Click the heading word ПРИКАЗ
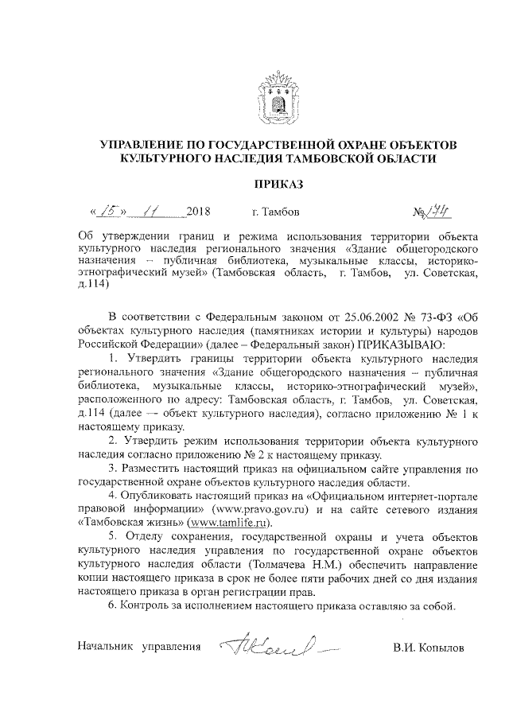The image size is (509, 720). click(278, 185)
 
